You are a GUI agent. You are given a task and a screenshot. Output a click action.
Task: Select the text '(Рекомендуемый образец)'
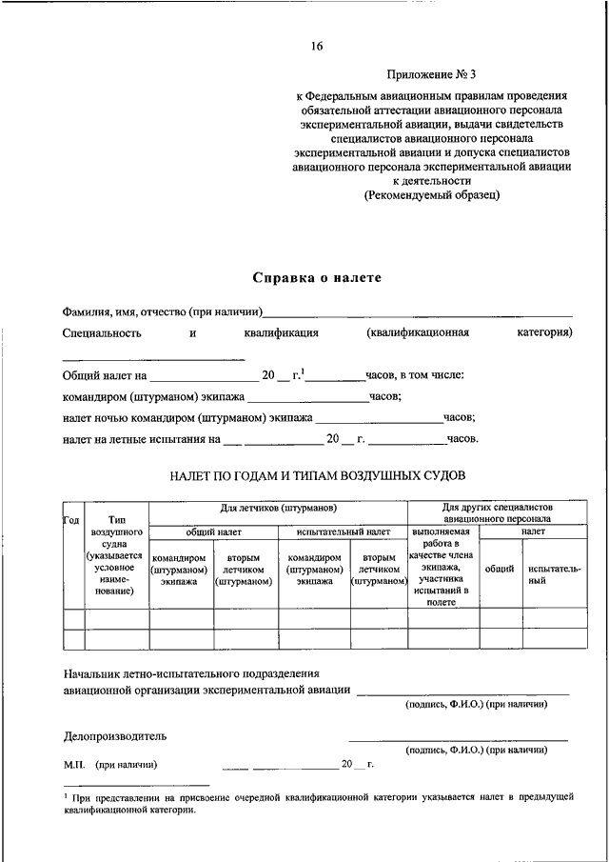click(x=431, y=194)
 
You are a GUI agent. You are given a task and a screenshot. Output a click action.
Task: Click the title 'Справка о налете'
click(x=316, y=277)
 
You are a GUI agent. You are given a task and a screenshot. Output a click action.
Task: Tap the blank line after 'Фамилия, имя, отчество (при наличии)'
click(x=419, y=312)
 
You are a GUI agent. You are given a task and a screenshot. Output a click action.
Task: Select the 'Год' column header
click(x=71, y=519)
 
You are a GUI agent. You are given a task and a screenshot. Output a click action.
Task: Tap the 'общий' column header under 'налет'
click(x=500, y=569)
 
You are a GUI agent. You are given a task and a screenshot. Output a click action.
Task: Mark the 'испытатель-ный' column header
click(x=554, y=573)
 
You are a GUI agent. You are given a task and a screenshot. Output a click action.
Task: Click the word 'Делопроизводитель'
click(x=115, y=735)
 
